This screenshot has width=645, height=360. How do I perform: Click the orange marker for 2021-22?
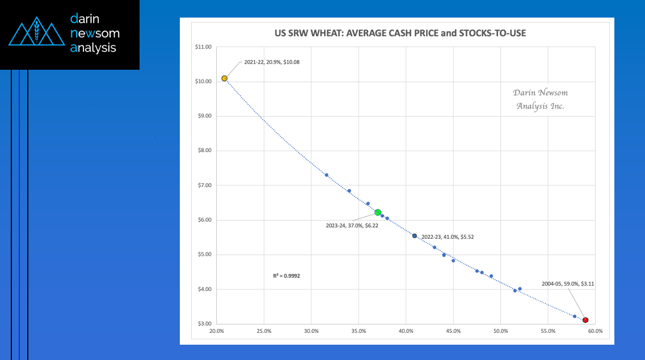tap(225, 78)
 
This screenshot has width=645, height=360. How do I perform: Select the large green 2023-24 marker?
tap(378, 212)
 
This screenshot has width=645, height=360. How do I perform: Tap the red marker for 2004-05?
tap(585, 320)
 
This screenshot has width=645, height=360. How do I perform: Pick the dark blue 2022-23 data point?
tap(415, 236)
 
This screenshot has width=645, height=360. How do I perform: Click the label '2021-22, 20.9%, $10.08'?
tap(272, 62)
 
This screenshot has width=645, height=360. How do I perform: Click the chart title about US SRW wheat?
tap(396, 33)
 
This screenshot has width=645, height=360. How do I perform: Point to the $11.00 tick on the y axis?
tap(203, 47)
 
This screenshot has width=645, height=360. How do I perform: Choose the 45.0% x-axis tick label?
tap(453, 331)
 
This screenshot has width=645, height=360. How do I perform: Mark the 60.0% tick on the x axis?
tap(595, 331)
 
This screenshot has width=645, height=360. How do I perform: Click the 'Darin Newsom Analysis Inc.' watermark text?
tap(540, 99)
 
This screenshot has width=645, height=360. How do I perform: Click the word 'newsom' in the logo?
tap(94, 33)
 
